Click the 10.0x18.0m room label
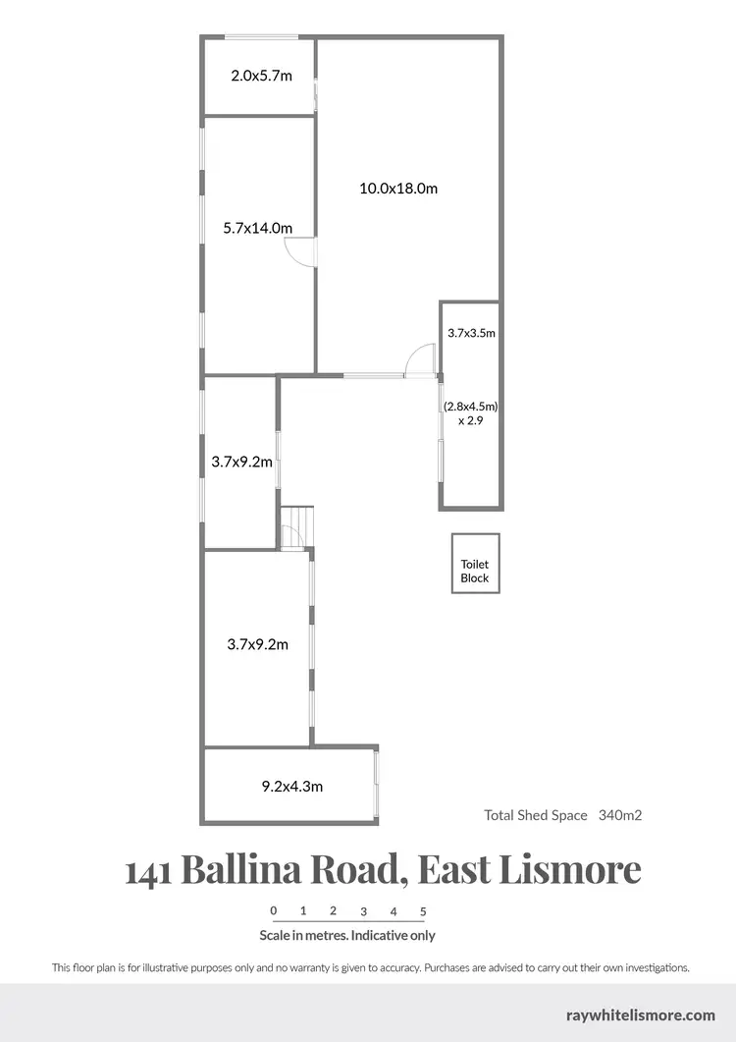coord(396,189)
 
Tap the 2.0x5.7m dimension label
coord(261,76)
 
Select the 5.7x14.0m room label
coord(258,228)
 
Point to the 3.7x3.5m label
coord(471,333)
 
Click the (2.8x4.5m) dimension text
coord(471,405)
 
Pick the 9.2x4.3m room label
coord(291,786)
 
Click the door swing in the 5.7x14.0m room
coord(301,251)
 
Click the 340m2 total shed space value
coord(620,815)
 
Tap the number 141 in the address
coord(149,869)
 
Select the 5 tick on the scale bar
coord(423,910)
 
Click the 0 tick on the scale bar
coord(274,910)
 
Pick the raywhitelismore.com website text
coord(641,1015)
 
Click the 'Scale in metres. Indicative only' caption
coord(347,936)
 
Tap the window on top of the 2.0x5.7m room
coord(261,37)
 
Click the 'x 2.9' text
coord(471,420)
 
